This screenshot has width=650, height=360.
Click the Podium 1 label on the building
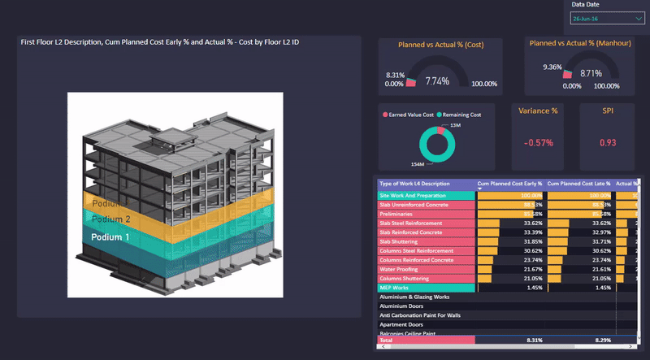point(110,237)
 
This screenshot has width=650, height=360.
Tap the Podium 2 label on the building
point(110,219)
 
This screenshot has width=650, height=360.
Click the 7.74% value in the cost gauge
point(437,81)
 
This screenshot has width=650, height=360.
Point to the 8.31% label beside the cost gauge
point(395,74)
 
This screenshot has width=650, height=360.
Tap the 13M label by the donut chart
point(455,125)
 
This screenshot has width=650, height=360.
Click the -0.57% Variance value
point(539,143)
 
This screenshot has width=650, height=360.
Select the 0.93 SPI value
point(608,143)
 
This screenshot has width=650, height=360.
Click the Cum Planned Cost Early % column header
point(509,184)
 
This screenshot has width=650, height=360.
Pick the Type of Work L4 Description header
point(414,184)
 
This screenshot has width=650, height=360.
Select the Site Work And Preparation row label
point(414,196)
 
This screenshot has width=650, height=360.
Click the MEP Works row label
point(395,288)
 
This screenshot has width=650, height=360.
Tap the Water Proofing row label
point(398,269)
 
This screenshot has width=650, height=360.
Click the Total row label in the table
point(387,340)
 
